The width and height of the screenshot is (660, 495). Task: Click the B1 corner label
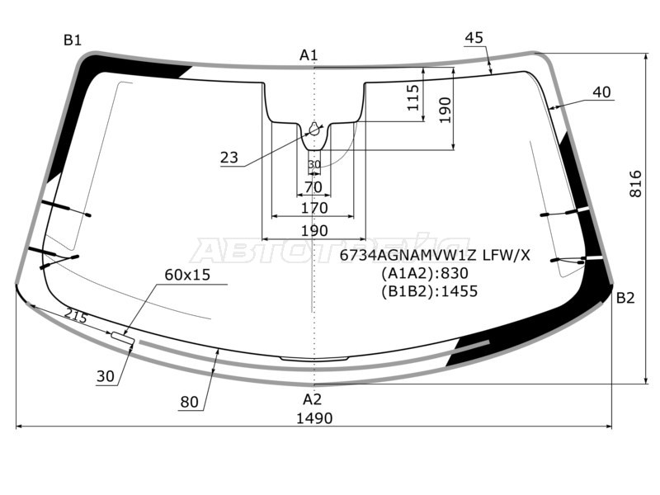click(73, 40)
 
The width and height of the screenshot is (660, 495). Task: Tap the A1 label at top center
click(309, 54)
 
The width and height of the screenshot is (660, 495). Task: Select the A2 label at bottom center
click(312, 399)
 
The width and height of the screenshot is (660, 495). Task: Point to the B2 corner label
click(625, 298)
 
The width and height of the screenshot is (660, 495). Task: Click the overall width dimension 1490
click(314, 418)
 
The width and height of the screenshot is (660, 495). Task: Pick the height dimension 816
click(635, 183)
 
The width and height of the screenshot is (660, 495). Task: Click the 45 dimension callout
click(474, 38)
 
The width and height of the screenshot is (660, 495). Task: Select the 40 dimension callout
click(601, 92)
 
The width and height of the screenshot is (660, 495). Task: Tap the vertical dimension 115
click(414, 97)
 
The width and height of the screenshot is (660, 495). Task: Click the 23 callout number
click(229, 158)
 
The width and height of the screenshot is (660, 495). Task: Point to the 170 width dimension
click(314, 208)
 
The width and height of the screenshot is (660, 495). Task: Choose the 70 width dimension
click(313, 187)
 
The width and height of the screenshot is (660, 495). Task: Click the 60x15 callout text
click(187, 275)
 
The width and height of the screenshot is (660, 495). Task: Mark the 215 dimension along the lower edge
click(76, 315)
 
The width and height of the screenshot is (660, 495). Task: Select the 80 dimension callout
click(189, 403)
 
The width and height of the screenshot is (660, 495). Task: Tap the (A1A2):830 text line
click(425, 274)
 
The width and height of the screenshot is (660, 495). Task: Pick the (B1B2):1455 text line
click(429, 291)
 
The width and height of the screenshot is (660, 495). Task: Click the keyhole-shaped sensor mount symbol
click(315, 128)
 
